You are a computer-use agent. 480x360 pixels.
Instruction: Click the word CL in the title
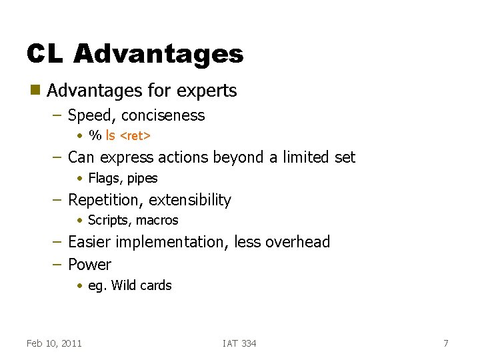45,53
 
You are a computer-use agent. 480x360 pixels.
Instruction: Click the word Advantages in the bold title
159,53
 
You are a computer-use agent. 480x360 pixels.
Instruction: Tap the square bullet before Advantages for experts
34,90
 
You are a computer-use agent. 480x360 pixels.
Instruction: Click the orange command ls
110,135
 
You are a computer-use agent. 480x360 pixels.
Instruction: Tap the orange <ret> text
135,136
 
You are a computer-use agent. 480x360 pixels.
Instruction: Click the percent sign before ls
95,135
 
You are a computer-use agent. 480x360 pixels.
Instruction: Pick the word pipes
143,179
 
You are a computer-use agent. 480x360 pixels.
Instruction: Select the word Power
89,265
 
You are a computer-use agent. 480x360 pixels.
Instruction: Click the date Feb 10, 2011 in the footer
54,343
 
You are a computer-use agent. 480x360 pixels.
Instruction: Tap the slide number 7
446,343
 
